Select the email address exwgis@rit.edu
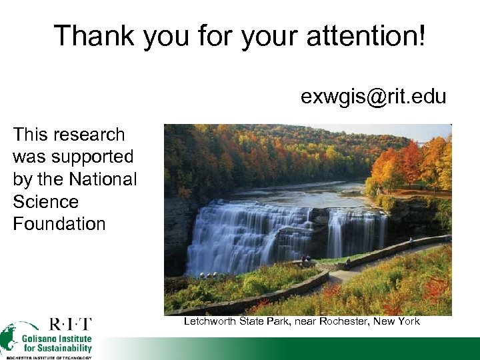pos(373,97)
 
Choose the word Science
pos(45,202)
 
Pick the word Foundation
pos(59,224)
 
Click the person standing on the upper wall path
pos(411,243)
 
